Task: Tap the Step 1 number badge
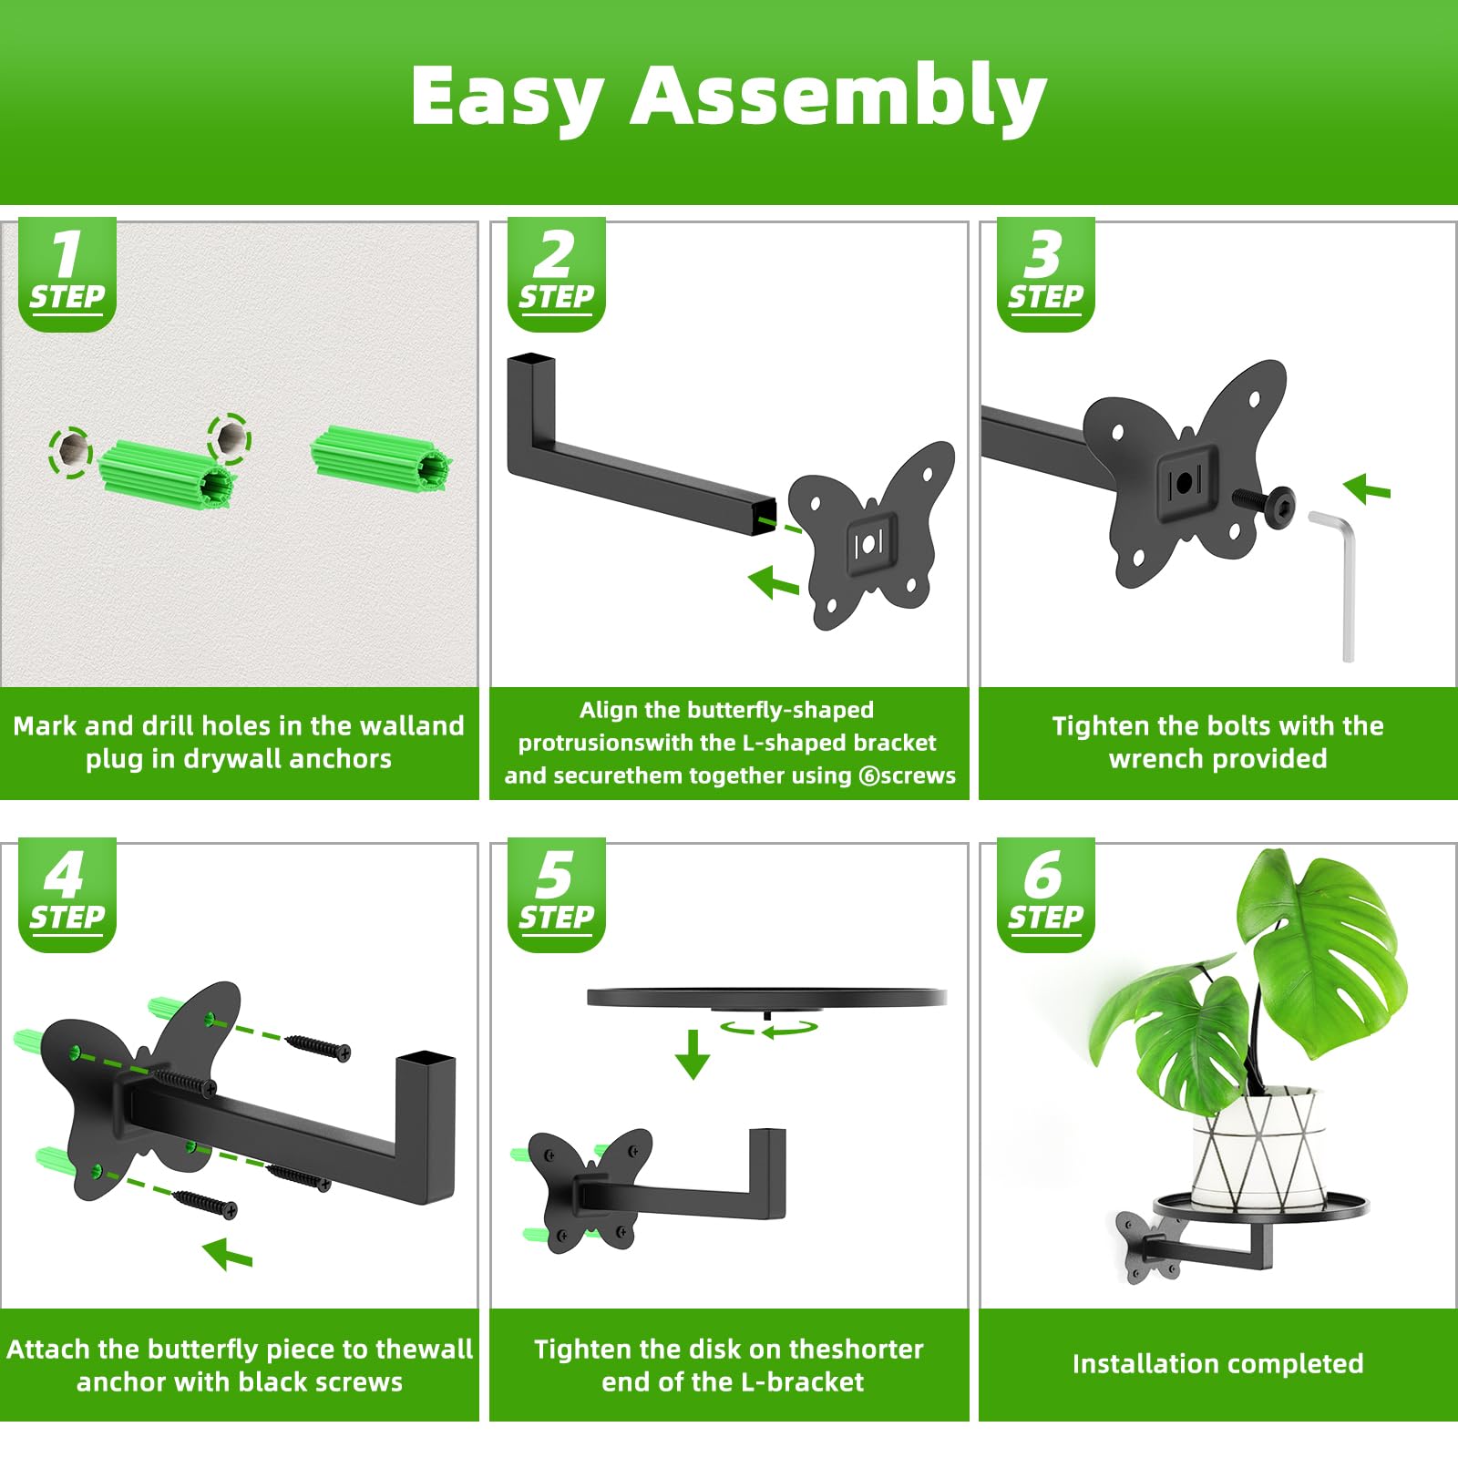click(x=67, y=273)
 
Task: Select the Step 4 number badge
click(x=67, y=895)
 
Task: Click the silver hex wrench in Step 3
click(x=1336, y=584)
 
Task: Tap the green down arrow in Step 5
click(x=693, y=1054)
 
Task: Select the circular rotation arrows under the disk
click(x=767, y=1027)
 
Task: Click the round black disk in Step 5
click(x=766, y=999)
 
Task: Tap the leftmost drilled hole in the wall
click(x=70, y=450)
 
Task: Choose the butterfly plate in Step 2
click(x=871, y=535)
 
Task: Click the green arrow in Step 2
click(x=774, y=581)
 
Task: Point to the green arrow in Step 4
click(x=227, y=1254)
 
